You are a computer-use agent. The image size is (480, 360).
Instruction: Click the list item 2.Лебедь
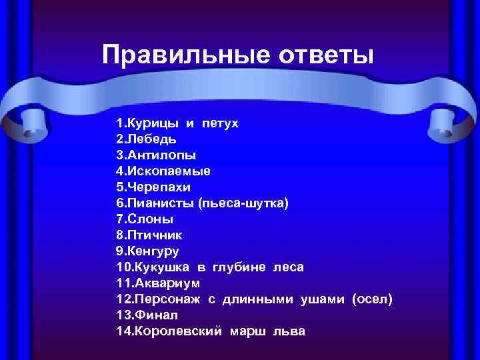pos(147,139)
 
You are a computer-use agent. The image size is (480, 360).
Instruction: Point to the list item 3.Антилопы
pos(156,155)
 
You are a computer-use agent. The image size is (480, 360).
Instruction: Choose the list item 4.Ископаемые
pos(163,171)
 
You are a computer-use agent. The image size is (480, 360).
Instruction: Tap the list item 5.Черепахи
pos(153,187)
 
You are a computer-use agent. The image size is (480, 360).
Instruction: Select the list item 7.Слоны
pos(145,219)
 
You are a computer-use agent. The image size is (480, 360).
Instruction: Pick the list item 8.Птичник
pos(149,235)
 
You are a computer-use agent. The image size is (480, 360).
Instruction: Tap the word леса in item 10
pos(288,267)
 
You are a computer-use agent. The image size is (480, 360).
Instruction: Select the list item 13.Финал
pos(147,315)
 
